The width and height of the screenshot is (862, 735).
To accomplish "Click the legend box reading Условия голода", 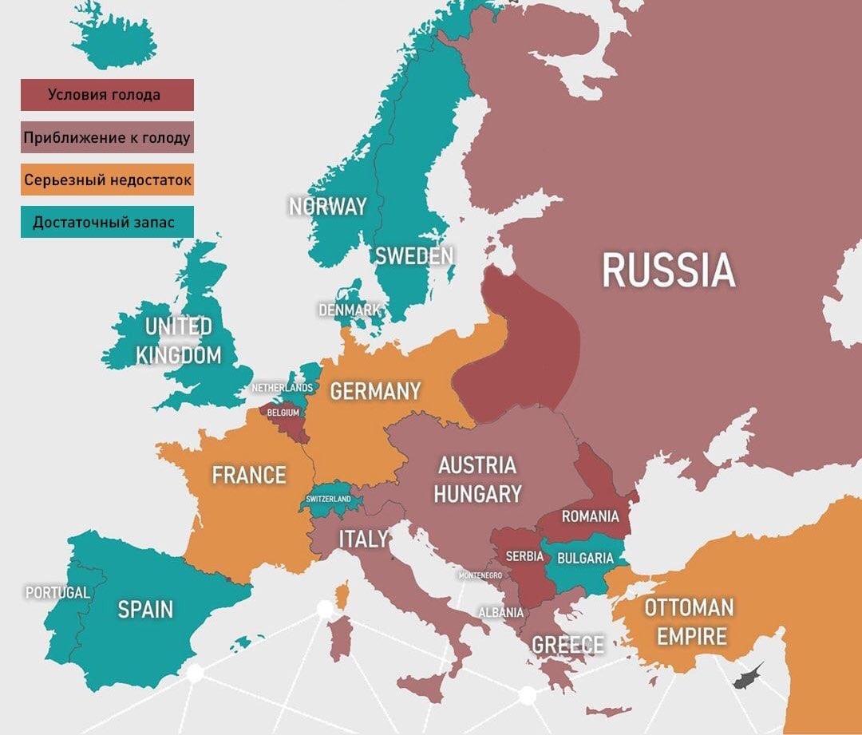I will [x=107, y=95].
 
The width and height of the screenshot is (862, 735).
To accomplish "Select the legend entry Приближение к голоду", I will [x=107, y=137].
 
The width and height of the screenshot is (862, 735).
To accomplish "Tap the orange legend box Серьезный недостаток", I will [x=107, y=180].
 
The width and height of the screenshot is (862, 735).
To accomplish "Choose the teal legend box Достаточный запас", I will [x=107, y=222].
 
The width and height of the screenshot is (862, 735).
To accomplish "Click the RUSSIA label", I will [x=668, y=270].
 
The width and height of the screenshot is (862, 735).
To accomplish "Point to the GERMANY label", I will [x=375, y=391].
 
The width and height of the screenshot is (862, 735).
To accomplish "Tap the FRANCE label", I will [x=248, y=475].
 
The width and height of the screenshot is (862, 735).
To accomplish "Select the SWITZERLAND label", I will [x=328, y=499].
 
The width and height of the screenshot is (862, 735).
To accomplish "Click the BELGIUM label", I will [x=283, y=413].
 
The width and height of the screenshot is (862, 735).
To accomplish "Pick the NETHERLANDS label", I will [x=282, y=388].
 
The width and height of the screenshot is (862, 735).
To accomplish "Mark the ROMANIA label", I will [x=590, y=516].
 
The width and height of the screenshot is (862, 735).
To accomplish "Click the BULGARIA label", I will [x=585, y=558].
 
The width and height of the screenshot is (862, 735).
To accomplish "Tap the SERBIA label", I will [x=524, y=555].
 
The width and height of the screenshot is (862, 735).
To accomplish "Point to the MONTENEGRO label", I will [x=480, y=575].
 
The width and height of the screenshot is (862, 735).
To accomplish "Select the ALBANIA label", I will [x=501, y=612].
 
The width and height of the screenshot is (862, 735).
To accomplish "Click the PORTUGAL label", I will [x=57, y=593].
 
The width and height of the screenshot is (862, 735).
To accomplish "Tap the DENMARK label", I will [x=349, y=309].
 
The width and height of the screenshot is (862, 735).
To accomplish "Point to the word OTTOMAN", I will [x=688, y=607].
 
